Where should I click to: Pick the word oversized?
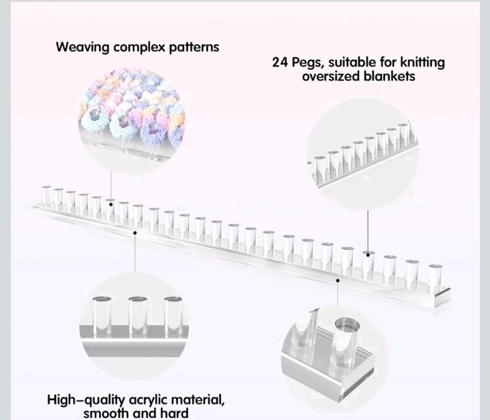pos(331,77)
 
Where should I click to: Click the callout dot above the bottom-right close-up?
pos(338,278)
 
